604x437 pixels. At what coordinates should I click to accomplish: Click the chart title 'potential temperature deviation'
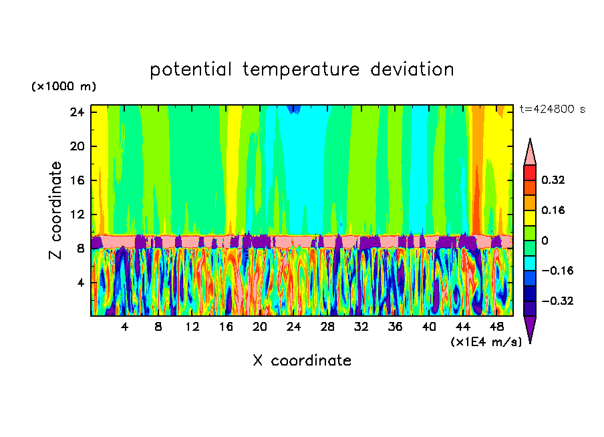[x=302, y=69]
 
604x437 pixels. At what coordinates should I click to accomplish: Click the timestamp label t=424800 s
[x=552, y=110]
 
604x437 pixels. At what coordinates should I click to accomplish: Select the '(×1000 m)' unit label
[x=63, y=87]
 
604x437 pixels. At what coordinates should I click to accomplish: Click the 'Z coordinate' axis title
[x=56, y=210]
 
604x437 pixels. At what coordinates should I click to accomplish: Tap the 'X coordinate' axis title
[x=302, y=361]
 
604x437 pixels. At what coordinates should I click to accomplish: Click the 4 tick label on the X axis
[x=124, y=327]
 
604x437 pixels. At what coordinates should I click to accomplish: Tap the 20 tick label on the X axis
[x=260, y=327]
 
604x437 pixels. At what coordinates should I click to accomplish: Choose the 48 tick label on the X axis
[x=496, y=327]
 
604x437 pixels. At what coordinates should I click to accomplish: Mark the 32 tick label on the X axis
[x=361, y=327]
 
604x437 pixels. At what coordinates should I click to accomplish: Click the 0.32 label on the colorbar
[x=554, y=180]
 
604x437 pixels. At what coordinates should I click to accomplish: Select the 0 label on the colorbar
[x=545, y=241]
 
